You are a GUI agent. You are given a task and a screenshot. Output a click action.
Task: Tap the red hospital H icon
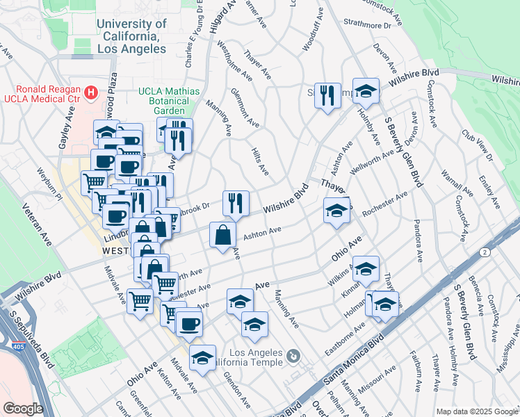90,92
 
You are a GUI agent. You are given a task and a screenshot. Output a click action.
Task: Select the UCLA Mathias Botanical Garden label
169,101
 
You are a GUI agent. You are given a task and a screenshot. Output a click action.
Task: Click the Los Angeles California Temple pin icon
293,357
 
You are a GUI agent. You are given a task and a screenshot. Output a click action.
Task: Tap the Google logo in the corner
23,409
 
